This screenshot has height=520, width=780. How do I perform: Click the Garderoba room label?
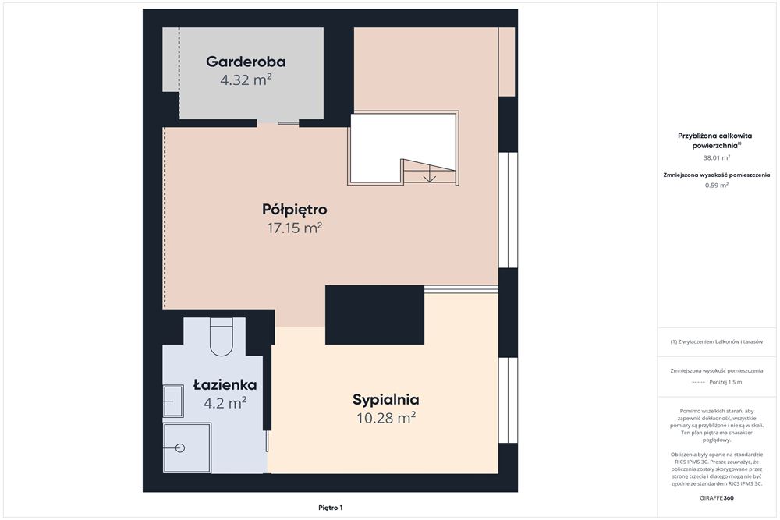(246, 62)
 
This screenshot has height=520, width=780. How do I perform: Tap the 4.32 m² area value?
(246, 80)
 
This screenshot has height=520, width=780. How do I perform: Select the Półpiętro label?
(294, 210)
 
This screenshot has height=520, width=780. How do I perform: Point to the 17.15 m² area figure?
(294, 228)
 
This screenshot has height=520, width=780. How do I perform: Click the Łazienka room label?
(225, 384)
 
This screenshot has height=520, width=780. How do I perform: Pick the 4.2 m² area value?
(225, 403)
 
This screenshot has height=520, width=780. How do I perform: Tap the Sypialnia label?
(385, 400)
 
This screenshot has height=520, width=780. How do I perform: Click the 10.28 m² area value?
(385, 419)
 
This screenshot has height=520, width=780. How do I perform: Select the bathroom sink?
(172, 401)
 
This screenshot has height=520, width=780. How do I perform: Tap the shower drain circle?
(180, 447)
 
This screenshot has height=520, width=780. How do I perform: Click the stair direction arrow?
(429, 177)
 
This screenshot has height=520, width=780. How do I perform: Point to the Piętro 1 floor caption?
(331, 508)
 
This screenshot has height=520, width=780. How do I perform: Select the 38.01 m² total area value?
(717, 157)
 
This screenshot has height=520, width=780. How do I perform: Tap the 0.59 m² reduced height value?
(717, 186)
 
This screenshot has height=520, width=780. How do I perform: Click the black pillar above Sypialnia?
(374, 314)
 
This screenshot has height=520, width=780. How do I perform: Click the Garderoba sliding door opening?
(278, 123)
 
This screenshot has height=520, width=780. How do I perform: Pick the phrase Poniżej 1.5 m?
(726, 382)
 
